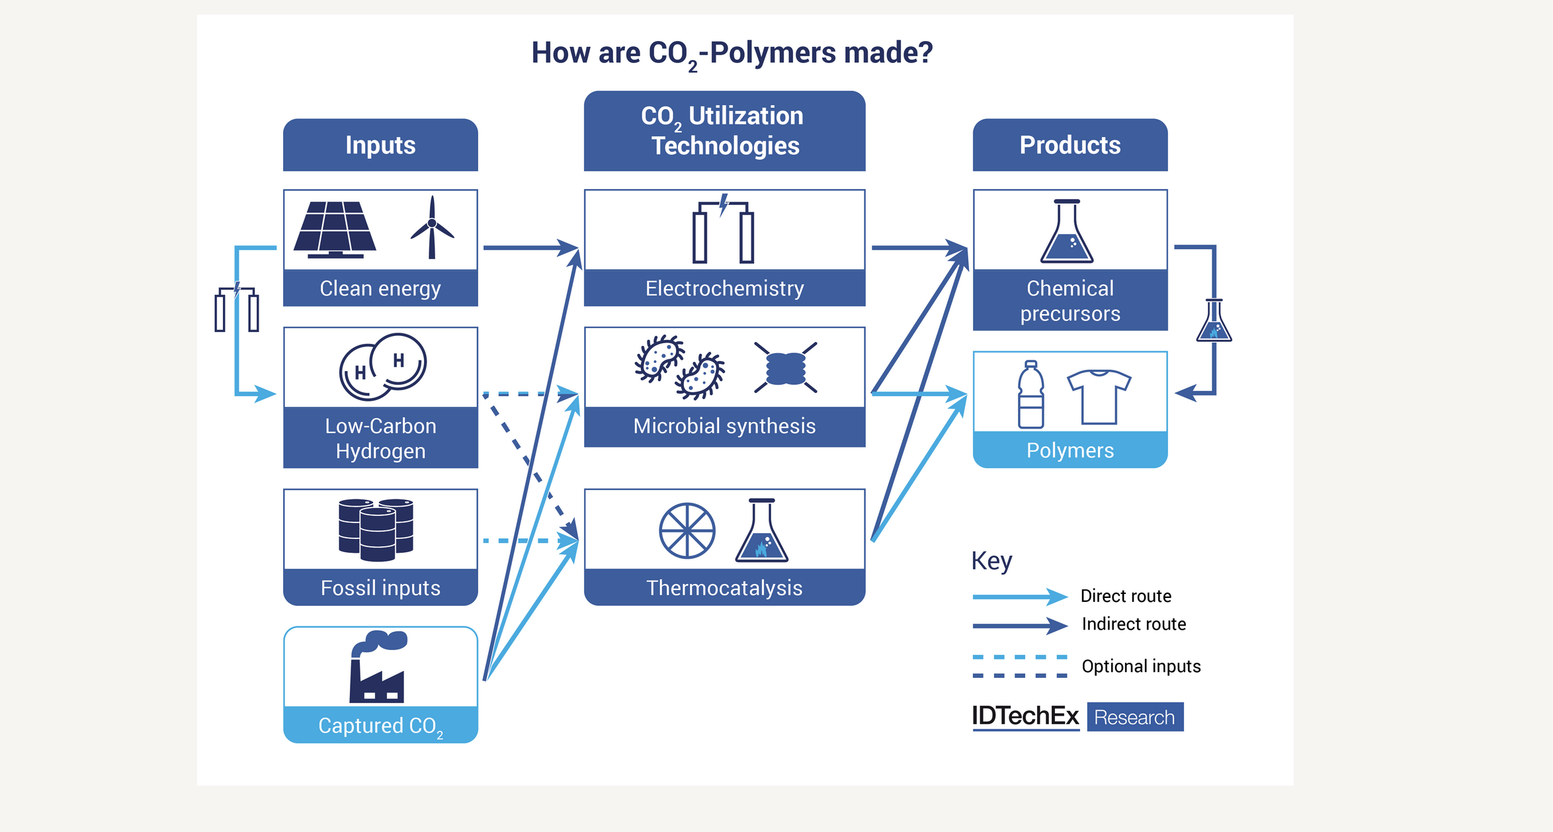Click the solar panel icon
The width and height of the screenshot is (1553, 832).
335,229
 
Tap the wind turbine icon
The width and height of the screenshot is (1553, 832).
432,227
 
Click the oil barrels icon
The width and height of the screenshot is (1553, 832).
376,528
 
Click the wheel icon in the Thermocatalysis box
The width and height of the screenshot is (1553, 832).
687,530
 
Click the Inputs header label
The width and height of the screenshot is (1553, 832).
380,145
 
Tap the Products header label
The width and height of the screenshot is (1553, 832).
1070,145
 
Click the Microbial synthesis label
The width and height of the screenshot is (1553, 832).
724,426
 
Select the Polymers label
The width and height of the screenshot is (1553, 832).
1070,450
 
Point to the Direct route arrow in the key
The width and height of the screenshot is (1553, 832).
1019,597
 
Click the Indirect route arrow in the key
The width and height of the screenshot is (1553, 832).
1019,625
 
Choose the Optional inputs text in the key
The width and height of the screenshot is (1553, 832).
1141,666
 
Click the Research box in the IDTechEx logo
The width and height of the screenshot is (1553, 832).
1134,717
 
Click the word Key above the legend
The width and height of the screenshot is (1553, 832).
991,561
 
